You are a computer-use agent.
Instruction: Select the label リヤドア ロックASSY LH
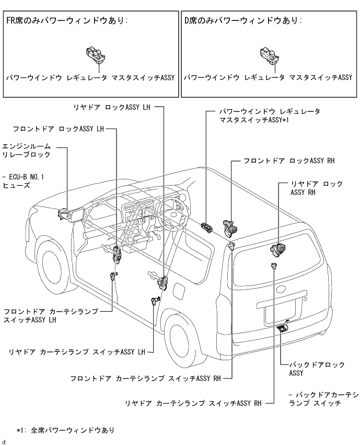(x=112, y=107)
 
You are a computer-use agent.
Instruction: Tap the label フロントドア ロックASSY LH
(x=59, y=129)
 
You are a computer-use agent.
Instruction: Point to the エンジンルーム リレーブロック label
(x=27, y=151)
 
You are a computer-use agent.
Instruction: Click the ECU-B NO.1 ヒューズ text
(x=23, y=181)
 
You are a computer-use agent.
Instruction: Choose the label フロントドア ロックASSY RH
(x=289, y=161)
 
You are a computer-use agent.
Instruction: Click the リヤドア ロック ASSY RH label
(x=317, y=188)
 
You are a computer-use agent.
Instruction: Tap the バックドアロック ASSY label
(x=317, y=369)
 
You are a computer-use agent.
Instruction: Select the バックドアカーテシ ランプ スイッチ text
(x=323, y=399)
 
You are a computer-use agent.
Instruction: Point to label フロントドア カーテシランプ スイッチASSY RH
(x=145, y=379)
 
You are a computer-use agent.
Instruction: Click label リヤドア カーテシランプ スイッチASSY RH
(x=193, y=403)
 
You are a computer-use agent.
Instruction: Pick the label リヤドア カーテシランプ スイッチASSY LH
(x=77, y=352)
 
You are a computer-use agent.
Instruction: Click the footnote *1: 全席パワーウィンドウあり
(x=65, y=430)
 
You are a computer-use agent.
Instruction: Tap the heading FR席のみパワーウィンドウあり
(x=67, y=20)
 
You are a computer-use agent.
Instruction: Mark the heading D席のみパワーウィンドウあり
(x=243, y=20)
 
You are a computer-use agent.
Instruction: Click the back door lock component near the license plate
(x=282, y=328)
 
